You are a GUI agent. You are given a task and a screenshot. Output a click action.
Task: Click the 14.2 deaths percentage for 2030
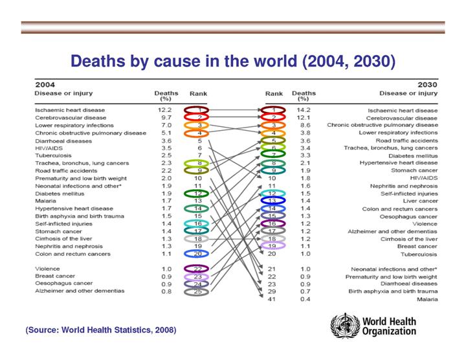click(302, 110)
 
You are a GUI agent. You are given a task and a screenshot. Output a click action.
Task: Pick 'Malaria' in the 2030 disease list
click(425, 300)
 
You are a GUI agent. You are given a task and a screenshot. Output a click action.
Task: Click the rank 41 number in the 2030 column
click(272, 300)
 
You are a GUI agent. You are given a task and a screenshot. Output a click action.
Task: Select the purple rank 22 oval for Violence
click(198, 269)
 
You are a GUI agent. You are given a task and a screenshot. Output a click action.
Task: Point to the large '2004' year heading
click(45, 84)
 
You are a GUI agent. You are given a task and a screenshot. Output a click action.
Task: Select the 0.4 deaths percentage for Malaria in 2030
click(302, 300)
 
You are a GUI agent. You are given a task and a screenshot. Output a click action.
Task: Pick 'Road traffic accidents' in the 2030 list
click(406, 140)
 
